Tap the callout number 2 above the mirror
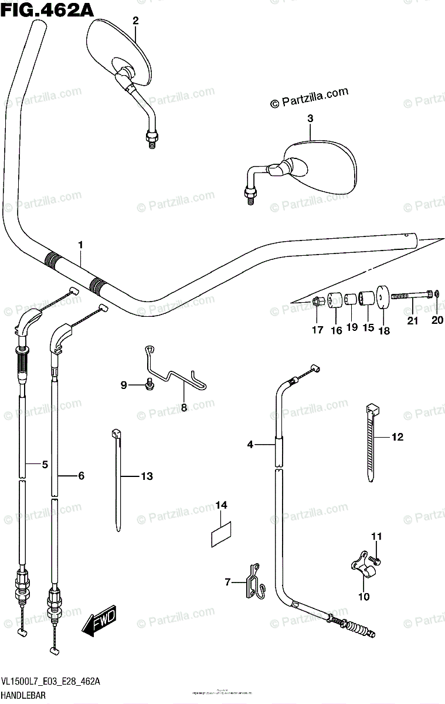[x=135, y=21]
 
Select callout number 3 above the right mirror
[x=310, y=119]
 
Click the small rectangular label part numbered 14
[x=221, y=532]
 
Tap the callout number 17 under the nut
[x=317, y=330]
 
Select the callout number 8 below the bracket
[x=184, y=407]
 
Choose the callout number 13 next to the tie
[x=146, y=476]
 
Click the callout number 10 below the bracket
[x=364, y=597]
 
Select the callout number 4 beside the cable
[x=250, y=445]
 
